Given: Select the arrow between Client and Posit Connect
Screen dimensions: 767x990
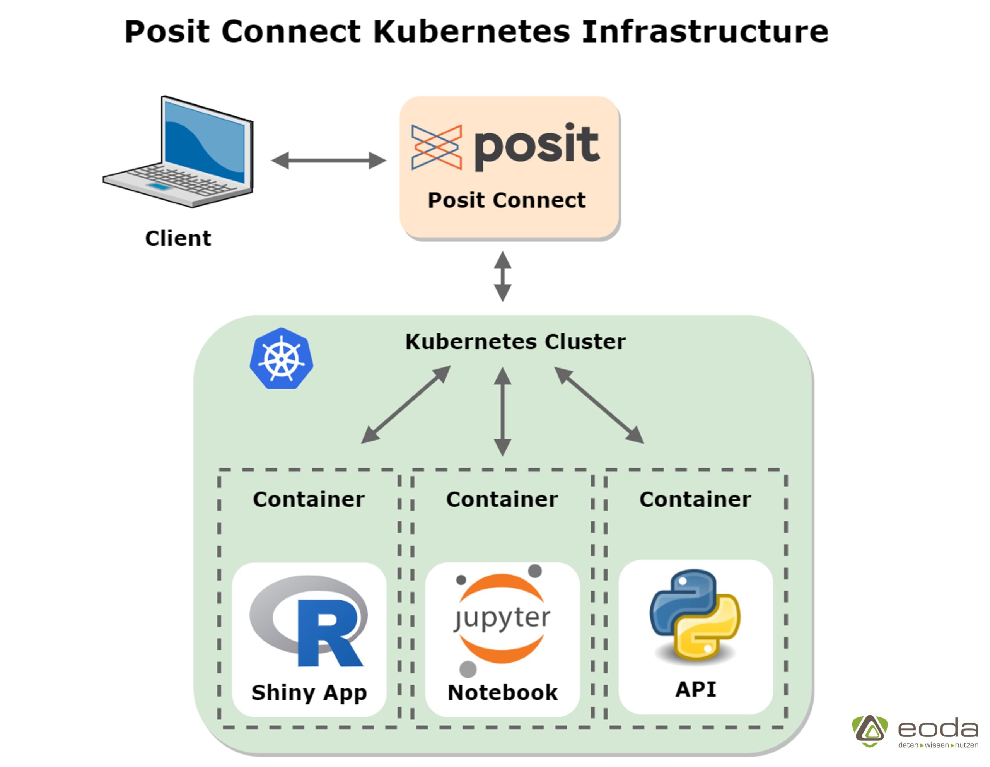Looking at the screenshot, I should coord(329,161).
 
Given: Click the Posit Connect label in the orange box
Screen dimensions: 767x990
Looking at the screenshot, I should coord(506,200).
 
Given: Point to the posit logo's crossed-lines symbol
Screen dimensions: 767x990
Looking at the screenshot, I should coord(436,147).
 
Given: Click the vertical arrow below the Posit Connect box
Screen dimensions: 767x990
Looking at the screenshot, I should coord(503,276).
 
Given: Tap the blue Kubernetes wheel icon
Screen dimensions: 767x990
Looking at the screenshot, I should coord(282,359).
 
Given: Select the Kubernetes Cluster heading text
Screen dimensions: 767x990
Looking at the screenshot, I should coord(515,342).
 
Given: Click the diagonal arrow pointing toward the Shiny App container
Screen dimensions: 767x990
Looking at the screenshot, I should coord(406,405).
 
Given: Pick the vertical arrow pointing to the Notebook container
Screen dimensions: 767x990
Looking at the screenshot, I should coord(503,411).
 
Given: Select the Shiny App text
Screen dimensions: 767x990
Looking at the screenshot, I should coord(309,693).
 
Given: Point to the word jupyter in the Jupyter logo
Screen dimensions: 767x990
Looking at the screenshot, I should coord(502,618).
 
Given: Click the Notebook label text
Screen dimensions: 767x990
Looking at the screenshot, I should coord(503,693).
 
